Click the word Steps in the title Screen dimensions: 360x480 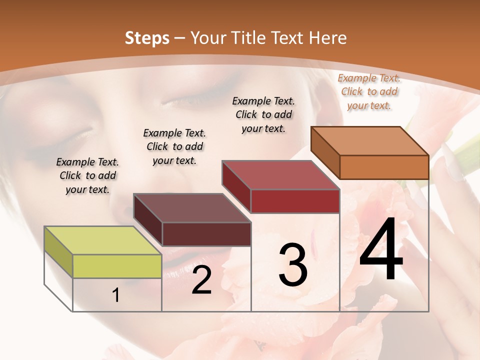[x=147, y=38]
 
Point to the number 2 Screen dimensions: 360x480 [x=201, y=280]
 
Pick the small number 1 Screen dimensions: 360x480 [x=116, y=295]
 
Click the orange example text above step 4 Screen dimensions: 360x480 [x=369, y=92]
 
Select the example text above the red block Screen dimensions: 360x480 [x=263, y=114]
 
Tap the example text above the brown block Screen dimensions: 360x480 [x=174, y=146]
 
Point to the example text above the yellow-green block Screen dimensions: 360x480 [x=87, y=175]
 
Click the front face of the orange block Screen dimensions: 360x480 [x=384, y=167]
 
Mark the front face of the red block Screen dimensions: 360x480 [x=295, y=201]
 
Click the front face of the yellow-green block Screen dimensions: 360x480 [x=117, y=266]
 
